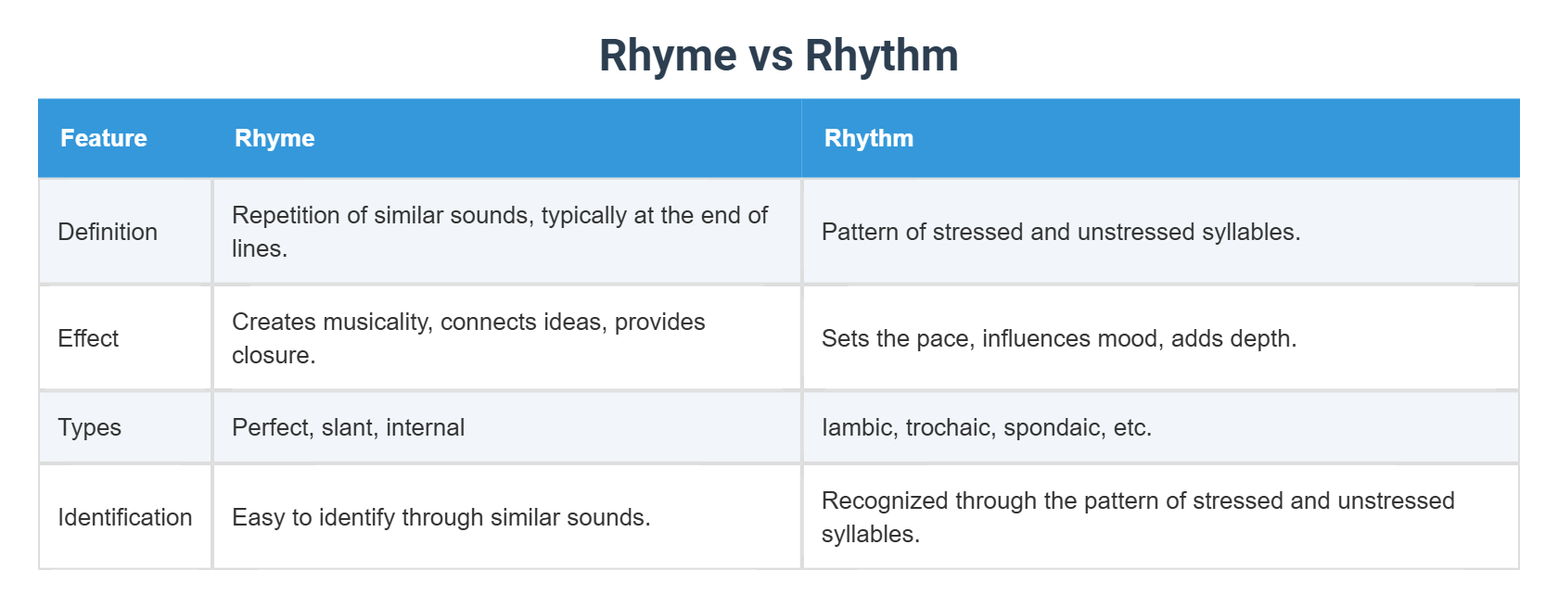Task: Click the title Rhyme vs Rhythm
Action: click(778, 56)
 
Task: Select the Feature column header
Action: click(104, 138)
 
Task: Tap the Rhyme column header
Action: click(275, 138)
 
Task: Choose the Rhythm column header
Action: click(868, 138)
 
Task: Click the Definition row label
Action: click(108, 232)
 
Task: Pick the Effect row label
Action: click(88, 338)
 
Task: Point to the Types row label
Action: click(89, 427)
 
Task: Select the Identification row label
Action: click(125, 517)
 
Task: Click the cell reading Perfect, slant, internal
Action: click(348, 427)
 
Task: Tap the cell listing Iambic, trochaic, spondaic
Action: click(986, 427)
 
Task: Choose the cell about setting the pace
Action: click(1058, 338)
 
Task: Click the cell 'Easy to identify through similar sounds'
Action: click(441, 517)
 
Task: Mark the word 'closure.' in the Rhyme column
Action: click(274, 355)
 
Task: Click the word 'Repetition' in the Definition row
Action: click(286, 215)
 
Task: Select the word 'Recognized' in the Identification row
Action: click(885, 500)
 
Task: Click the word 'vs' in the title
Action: click(771, 56)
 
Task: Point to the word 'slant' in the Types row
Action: click(350, 427)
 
